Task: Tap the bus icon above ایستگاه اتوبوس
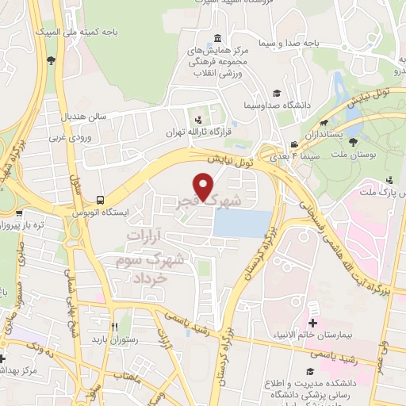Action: (98, 200)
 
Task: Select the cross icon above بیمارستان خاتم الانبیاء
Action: (312, 323)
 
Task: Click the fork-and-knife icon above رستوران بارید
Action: (116, 327)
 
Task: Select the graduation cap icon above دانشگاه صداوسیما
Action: (275, 93)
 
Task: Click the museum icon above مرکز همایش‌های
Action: (218, 37)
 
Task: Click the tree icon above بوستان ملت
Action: (351, 144)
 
